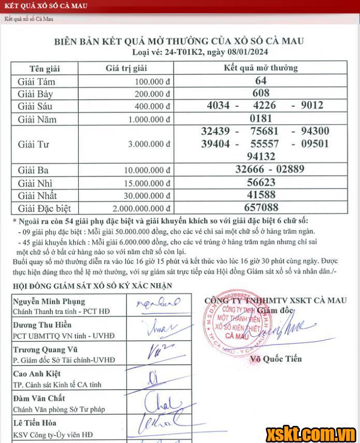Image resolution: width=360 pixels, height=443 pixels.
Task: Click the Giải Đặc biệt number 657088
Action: click(x=261, y=208)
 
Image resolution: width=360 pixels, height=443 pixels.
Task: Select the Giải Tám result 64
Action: click(x=261, y=81)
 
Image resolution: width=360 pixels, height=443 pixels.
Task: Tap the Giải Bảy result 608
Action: click(x=261, y=93)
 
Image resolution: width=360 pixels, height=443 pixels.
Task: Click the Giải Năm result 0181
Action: click(x=261, y=118)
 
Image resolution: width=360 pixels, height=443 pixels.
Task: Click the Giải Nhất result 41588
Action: click(x=261, y=195)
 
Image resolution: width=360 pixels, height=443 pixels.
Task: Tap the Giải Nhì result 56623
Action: click(x=261, y=182)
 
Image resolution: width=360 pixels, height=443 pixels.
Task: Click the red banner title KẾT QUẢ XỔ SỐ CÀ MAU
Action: click(x=46, y=6)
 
